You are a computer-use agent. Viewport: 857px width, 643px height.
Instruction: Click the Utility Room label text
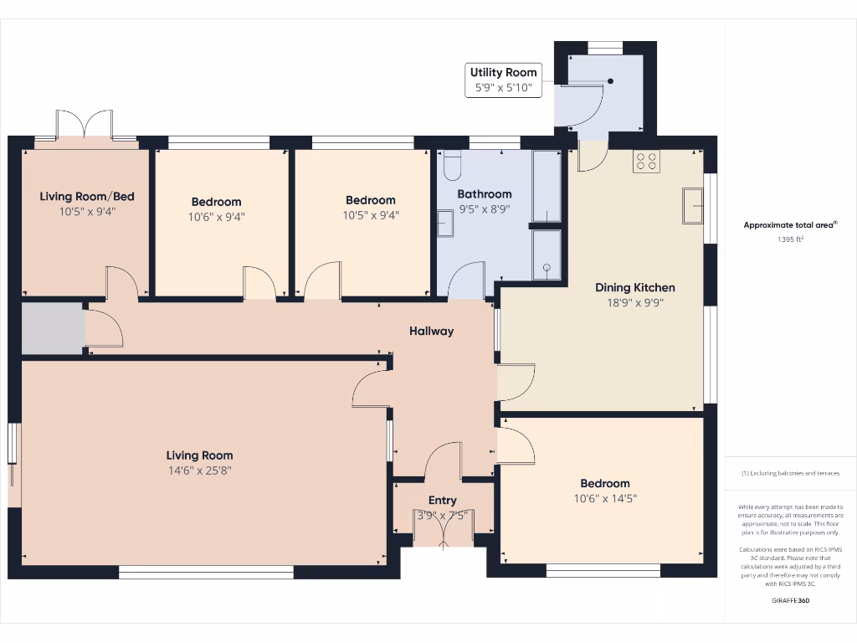point(503,73)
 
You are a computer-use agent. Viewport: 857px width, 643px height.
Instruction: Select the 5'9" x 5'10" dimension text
point(503,87)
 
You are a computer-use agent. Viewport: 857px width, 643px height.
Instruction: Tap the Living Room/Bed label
point(87,197)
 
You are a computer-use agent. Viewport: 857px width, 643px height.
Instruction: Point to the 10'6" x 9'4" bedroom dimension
point(216,217)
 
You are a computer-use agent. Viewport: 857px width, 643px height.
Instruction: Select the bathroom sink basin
point(444,224)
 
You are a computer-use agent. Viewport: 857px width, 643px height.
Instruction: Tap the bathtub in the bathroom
point(547,186)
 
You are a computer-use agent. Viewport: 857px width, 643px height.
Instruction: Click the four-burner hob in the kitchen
point(646,161)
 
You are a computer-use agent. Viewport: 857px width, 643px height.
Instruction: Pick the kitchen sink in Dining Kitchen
point(692,206)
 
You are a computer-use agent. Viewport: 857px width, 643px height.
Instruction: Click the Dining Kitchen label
point(634,287)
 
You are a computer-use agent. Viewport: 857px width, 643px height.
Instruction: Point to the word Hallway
point(431,331)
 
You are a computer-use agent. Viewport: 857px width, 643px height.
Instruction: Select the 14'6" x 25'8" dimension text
point(199,471)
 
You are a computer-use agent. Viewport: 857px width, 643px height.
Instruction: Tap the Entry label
point(443,501)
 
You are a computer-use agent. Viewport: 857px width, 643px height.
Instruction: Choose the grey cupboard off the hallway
point(52,329)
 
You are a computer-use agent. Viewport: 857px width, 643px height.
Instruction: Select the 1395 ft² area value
point(790,239)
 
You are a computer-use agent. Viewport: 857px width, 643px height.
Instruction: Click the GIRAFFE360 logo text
point(790,600)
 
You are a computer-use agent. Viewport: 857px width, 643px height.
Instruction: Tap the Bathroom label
point(484,194)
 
